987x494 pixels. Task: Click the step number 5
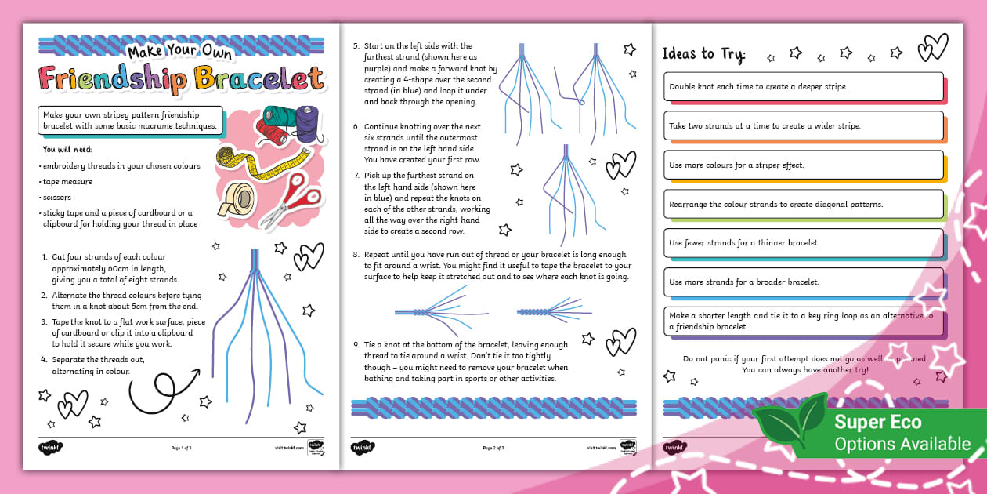click(356, 46)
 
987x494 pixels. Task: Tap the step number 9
click(356, 345)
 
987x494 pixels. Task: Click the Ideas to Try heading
click(704, 54)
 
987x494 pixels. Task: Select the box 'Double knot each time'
click(804, 87)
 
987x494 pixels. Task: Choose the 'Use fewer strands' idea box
click(804, 243)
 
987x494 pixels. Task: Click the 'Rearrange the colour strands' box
click(804, 204)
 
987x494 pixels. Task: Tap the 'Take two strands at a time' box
click(804, 125)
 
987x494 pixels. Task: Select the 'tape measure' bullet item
click(67, 182)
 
